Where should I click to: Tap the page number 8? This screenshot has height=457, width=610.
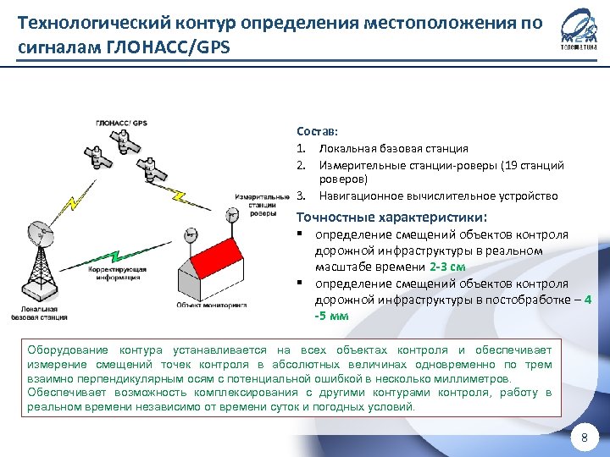coord(582,438)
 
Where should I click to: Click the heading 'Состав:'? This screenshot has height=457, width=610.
coord(317,132)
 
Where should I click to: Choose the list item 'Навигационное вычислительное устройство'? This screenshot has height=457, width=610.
coord(438,196)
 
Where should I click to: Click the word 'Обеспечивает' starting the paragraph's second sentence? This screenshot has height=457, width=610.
coord(66,393)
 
